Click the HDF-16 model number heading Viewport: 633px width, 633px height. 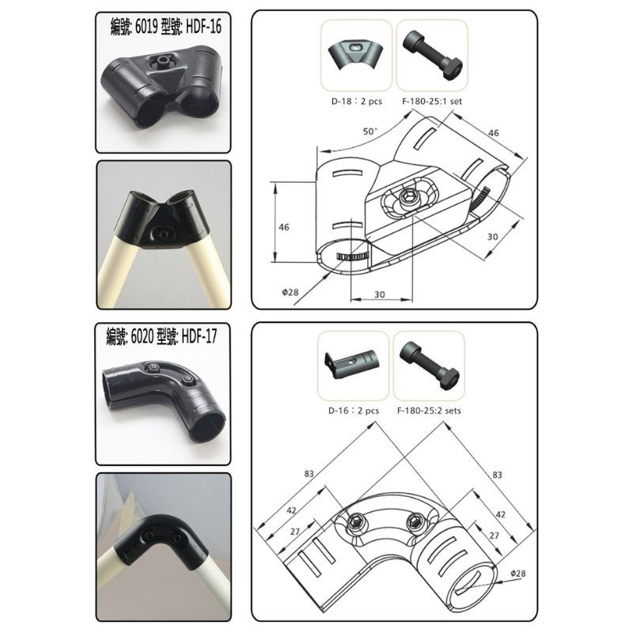[165, 25]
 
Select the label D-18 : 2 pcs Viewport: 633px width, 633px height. [355, 101]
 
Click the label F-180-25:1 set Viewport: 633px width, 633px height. [431, 101]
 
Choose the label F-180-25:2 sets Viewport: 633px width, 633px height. [431, 411]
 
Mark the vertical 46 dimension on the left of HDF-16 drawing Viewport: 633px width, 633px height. [284, 227]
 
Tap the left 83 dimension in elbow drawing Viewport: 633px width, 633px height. [309, 473]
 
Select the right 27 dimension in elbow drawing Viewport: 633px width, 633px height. [495, 536]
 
